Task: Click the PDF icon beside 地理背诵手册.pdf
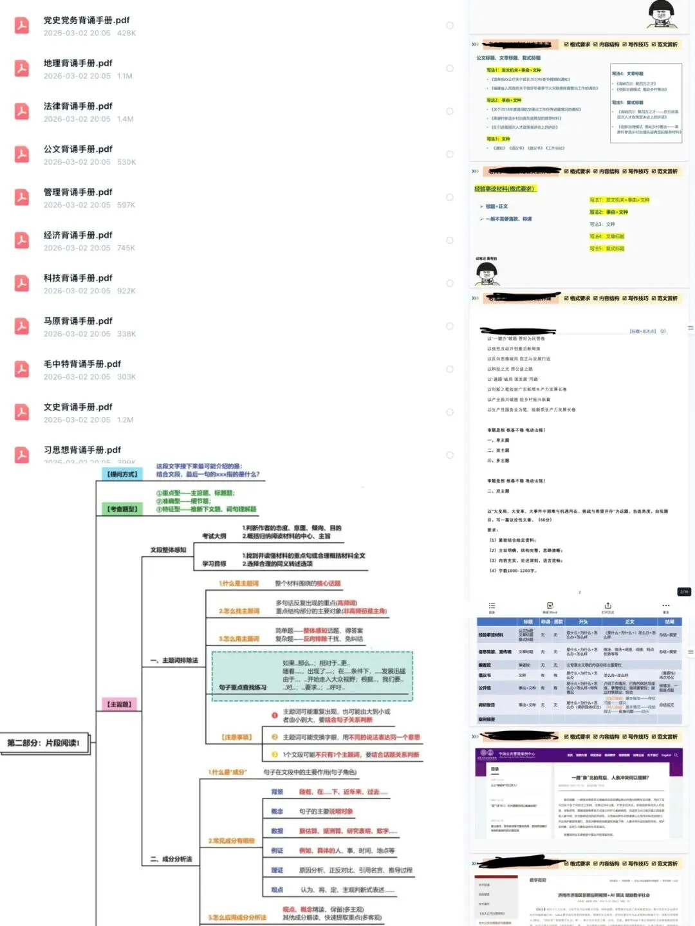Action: pos(22,68)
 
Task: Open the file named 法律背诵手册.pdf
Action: pos(78,106)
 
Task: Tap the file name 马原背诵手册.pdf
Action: pos(78,321)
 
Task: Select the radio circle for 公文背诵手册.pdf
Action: pos(450,154)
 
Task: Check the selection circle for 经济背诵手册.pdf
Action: pos(450,241)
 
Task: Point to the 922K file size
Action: pos(126,291)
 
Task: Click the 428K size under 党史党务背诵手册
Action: pos(126,33)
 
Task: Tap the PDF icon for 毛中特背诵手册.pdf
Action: pos(22,369)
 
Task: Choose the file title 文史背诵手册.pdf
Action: pos(78,407)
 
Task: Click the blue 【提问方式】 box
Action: pos(122,474)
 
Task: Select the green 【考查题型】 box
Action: pos(122,509)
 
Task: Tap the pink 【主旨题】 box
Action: pos(119,705)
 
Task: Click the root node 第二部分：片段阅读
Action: pos(44,743)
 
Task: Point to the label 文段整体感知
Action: pos(168,550)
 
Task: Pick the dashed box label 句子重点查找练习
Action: pos(242,687)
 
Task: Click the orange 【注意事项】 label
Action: pos(237,737)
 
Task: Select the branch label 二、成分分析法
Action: pos(171,859)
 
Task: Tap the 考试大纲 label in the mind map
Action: pos(214,536)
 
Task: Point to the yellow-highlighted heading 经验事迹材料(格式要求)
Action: pos(505,189)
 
